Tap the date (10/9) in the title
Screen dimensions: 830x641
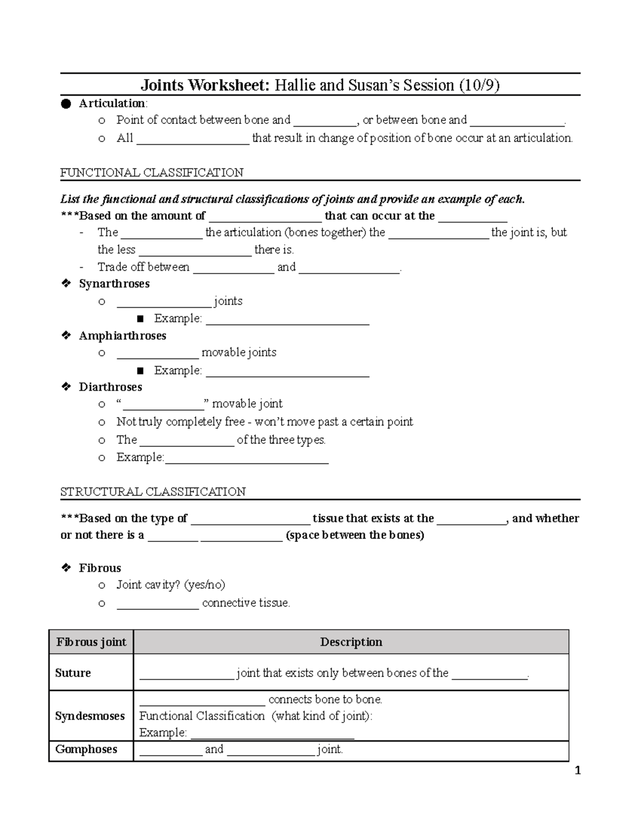479,85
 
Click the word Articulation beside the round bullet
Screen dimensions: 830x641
113,103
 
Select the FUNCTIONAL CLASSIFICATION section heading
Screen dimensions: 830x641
152,173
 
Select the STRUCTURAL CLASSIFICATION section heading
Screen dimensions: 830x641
153,492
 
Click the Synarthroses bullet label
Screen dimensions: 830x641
114,284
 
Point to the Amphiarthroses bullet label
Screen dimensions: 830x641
122,336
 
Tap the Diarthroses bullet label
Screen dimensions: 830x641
111,387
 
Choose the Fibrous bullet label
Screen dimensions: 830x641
100,568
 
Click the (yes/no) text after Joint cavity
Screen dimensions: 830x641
205,585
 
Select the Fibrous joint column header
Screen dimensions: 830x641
91,642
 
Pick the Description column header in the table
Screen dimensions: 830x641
351,642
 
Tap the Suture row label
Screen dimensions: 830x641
73,673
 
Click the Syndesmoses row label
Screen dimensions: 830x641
90,716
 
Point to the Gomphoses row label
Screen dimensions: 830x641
86,749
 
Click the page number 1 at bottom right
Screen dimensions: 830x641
576,771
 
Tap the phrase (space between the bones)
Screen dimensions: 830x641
355,535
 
